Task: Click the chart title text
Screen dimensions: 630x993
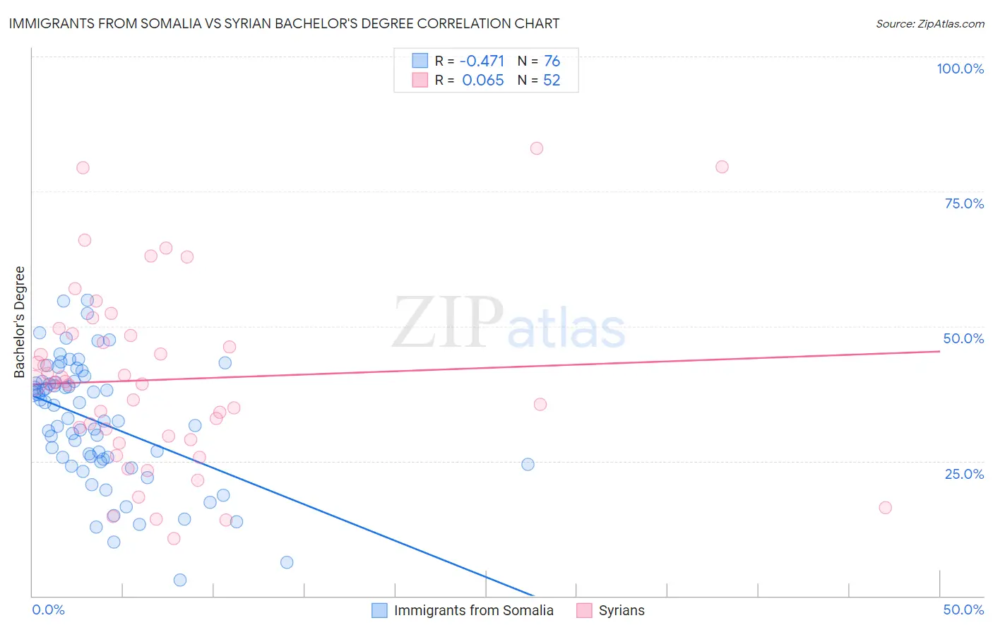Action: (x=284, y=23)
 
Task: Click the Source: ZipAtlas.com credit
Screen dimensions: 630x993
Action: (x=929, y=23)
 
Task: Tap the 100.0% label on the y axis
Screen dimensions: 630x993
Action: (x=960, y=69)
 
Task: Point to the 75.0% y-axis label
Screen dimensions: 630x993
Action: (x=964, y=203)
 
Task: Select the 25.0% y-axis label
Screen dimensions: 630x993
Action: (x=964, y=473)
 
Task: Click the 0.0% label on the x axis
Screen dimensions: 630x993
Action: (x=48, y=610)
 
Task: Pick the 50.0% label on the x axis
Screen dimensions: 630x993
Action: (x=963, y=610)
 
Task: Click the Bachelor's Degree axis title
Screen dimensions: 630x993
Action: (x=20, y=322)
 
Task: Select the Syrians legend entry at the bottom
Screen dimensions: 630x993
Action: (x=621, y=610)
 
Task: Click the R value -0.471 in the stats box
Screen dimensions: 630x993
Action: (x=482, y=61)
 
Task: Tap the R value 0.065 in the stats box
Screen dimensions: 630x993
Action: (x=483, y=81)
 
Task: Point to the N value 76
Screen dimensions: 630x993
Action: (x=552, y=61)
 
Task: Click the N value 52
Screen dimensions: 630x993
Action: (x=552, y=81)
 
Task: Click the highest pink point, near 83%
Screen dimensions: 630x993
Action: (x=537, y=148)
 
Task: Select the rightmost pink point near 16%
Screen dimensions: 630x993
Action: (x=885, y=508)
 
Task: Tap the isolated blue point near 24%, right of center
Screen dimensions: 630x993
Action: (x=528, y=465)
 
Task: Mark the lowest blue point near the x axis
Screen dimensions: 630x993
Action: (x=180, y=580)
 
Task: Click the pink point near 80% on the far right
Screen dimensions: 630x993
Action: (x=722, y=167)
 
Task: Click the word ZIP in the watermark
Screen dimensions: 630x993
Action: (x=447, y=323)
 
